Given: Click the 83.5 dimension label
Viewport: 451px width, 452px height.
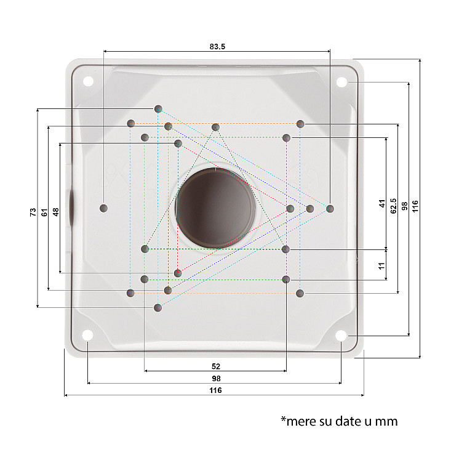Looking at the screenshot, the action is [217, 46].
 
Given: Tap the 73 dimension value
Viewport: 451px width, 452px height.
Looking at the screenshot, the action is [33, 212].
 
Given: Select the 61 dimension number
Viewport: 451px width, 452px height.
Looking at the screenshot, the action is [44, 212].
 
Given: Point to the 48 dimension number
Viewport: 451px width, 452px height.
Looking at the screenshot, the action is [55, 212].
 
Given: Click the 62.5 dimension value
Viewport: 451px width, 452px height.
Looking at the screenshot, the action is [393, 206].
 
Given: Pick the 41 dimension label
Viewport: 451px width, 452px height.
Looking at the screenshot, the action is [382, 203].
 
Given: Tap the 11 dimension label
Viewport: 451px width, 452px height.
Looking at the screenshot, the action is [381, 266].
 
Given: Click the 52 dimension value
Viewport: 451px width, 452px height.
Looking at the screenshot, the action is [216, 366].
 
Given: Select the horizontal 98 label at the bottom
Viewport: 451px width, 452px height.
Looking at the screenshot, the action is [216, 379].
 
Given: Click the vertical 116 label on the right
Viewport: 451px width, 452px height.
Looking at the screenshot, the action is [415, 206].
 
